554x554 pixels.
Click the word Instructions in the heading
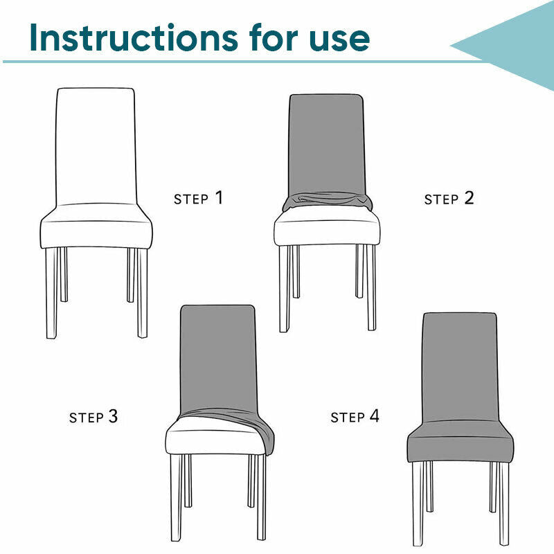pyautogui.click(x=134, y=38)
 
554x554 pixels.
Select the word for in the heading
pyautogui.click(x=274, y=37)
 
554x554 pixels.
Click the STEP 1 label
pyautogui.click(x=199, y=198)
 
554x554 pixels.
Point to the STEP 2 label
pyautogui.click(x=449, y=199)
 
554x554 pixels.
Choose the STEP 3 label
pyautogui.click(x=93, y=417)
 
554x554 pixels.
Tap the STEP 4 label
pyautogui.click(x=355, y=416)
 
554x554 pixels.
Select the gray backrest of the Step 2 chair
pyautogui.click(x=326, y=144)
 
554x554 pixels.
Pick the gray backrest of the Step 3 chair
pyautogui.click(x=218, y=357)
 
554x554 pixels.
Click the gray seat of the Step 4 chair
pyautogui.click(x=461, y=442)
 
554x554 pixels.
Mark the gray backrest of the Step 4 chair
pyautogui.click(x=460, y=367)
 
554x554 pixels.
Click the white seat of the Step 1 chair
pyautogui.click(x=96, y=226)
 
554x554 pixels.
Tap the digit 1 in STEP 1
pyautogui.click(x=220, y=197)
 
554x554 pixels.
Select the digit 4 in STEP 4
pyautogui.click(x=375, y=415)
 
